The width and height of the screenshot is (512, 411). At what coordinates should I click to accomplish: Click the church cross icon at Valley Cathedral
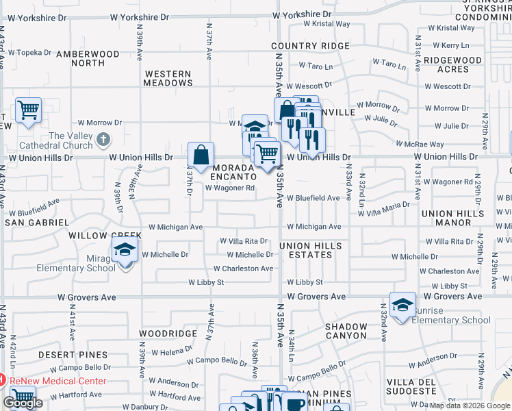pos(103,140)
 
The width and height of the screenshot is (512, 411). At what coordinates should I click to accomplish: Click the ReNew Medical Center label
pos(57,381)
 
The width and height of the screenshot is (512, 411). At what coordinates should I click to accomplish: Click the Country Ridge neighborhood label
pos(311,46)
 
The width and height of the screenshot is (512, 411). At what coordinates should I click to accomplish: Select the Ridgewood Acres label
pos(452,64)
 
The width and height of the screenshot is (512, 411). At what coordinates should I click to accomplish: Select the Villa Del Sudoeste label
pos(411,386)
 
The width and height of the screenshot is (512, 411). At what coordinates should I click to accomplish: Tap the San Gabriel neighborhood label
pos(37,223)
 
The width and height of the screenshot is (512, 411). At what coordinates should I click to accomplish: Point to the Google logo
pos(22,403)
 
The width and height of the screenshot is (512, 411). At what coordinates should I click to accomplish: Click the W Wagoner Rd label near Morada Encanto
pos(230,188)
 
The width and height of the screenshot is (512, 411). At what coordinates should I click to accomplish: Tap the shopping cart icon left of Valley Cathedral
pos(28,110)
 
